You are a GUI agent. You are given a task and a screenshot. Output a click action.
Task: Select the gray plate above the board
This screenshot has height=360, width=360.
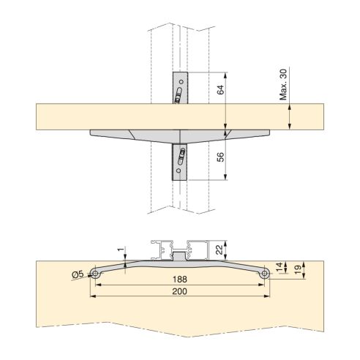point(180,87)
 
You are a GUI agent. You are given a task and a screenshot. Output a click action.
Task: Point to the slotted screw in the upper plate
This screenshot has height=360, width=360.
point(178,96)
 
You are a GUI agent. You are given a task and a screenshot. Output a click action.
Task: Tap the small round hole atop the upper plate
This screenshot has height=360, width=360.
point(181,78)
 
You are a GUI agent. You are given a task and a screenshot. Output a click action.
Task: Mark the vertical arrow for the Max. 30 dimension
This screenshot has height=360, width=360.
point(291,116)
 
